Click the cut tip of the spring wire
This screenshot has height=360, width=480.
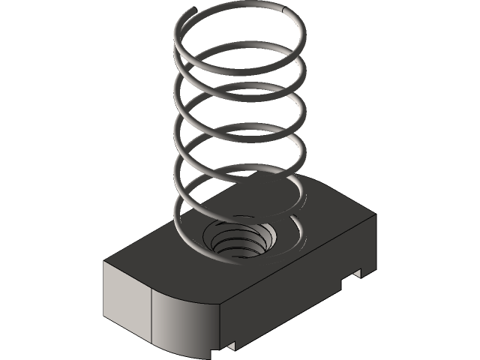[197, 10]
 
